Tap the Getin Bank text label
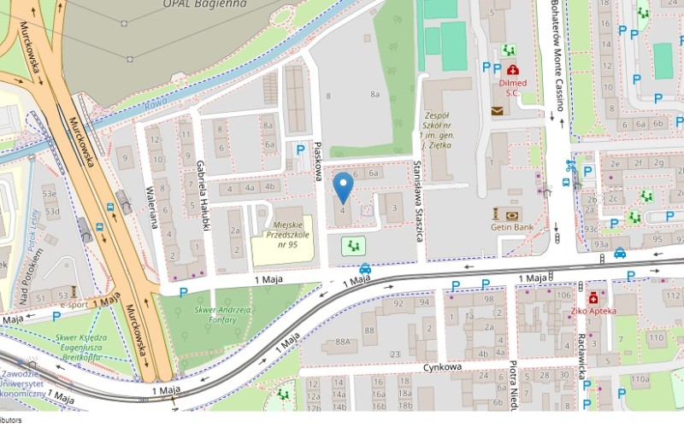pos(512,228)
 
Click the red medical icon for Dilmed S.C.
pos(512,70)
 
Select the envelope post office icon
pos(498,110)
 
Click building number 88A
pos(344,342)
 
